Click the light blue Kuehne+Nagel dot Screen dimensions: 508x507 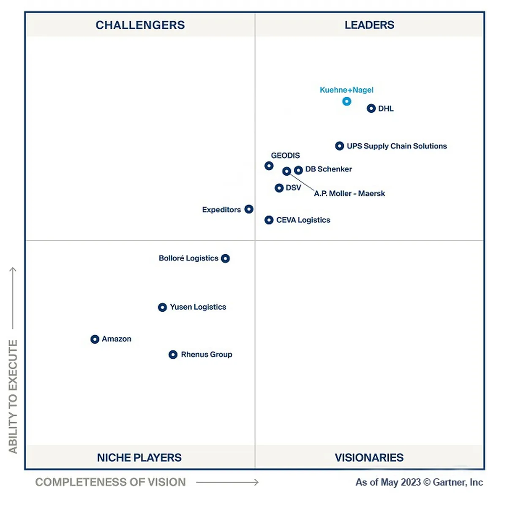coord(346,101)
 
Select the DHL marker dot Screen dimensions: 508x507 coord(371,109)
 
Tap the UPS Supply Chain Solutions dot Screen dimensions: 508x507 coord(339,146)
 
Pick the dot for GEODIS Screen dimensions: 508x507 coord(269,166)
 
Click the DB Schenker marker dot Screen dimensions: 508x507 coord(298,170)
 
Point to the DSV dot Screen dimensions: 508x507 coord(279,188)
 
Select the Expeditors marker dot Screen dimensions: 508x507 coord(249,209)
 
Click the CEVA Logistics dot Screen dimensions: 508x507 coord(269,220)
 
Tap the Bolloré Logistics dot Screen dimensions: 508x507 coord(225,258)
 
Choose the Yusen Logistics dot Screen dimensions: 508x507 coord(162,307)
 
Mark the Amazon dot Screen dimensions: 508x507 coord(95,339)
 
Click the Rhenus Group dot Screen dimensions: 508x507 coord(173,355)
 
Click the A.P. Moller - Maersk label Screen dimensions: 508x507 coord(349,194)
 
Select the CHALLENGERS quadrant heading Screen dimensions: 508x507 coord(140,25)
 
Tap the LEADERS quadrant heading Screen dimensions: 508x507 coord(369,25)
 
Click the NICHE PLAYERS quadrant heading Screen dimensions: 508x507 coord(139,458)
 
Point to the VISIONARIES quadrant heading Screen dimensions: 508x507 coord(369,458)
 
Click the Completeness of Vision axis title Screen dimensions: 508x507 coord(110,482)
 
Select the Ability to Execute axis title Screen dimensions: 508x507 coord(13,397)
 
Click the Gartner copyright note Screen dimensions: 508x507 coord(419,482)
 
